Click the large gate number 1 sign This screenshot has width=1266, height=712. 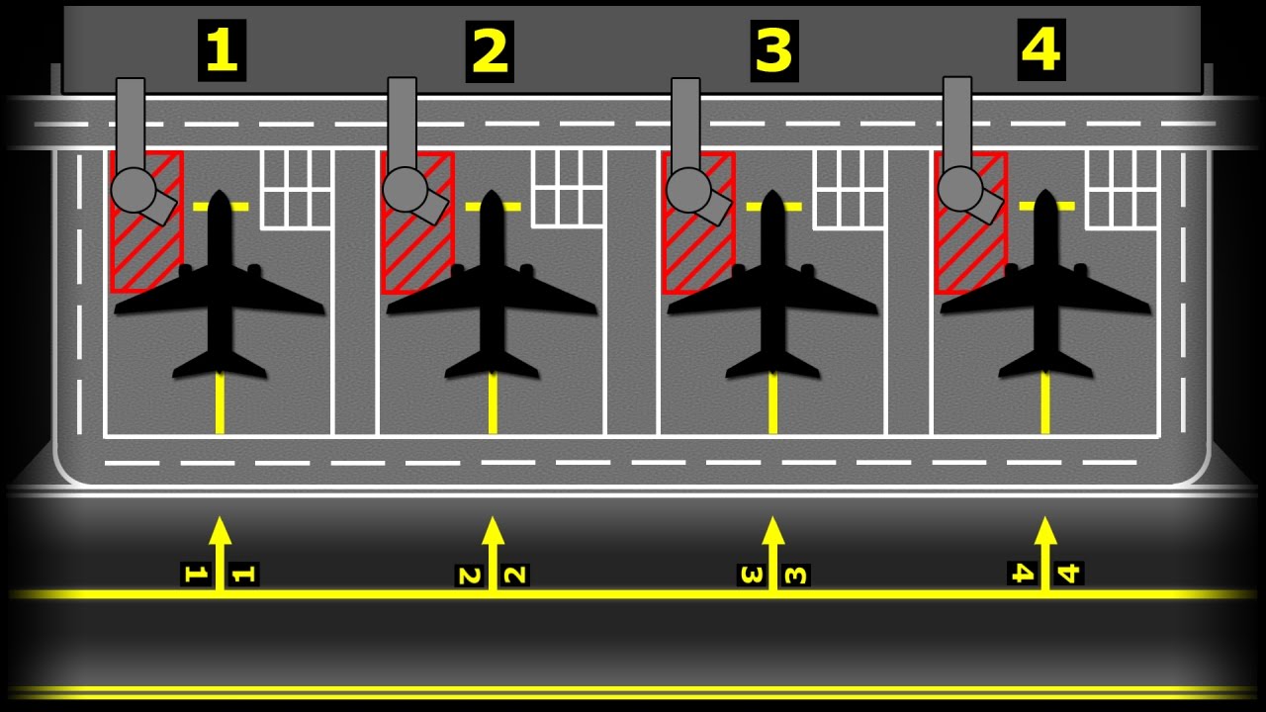tap(222, 50)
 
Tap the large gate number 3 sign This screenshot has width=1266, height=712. tap(773, 50)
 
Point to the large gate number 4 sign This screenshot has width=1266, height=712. tap(1041, 49)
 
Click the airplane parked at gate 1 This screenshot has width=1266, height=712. tap(220, 297)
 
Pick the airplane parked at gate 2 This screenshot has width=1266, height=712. tap(492, 297)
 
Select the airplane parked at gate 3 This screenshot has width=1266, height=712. tap(772, 297)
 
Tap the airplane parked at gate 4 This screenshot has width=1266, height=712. tap(1045, 297)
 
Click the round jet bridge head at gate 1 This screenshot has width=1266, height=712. tap(134, 190)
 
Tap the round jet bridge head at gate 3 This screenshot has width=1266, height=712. tap(688, 190)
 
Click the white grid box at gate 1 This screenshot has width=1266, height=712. tap(296, 188)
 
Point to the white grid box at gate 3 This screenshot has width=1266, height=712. tap(849, 188)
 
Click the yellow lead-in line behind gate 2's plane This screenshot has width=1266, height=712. tap(492, 405)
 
